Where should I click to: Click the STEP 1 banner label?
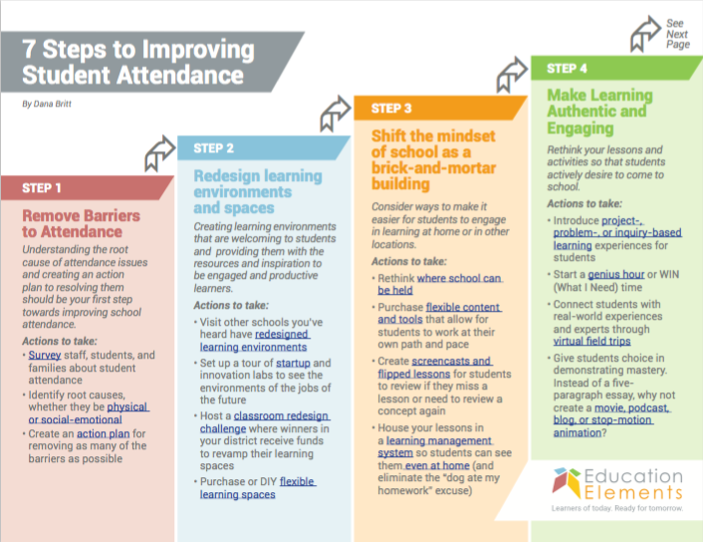(x=41, y=188)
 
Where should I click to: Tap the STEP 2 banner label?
(x=213, y=148)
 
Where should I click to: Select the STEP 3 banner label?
(x=391, y=109)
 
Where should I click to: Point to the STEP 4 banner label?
(x=567, y=68)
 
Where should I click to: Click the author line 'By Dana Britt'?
(x=47, y=104)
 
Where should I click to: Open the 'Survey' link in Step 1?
(x=45, y=355)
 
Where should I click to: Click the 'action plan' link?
(x=104, y=433)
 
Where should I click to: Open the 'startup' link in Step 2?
(x=293, y=363)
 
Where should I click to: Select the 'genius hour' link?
(x=616, y=274)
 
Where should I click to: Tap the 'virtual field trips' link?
(x=591, y=341)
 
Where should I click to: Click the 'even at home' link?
(x=437, y=465)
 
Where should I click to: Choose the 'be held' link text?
(x=395, y=290)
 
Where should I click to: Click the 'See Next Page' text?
(x=677, y=34)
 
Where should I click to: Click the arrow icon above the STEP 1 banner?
(x=159, y=152)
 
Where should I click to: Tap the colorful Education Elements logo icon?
(x=567, y=483)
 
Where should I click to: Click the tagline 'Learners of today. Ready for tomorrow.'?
(x=617, y=508)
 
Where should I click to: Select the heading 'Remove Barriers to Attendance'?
(x=81, y=223)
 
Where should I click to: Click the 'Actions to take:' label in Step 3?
(x=409, y=262)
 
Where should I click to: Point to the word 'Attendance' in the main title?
(x=180, y=75)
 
